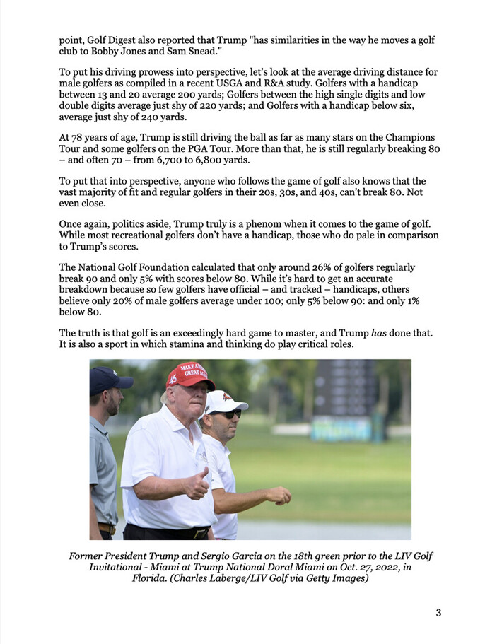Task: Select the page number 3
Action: click(438, 613)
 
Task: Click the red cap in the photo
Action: click(189, 375)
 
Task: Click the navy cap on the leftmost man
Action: click(109, 379)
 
